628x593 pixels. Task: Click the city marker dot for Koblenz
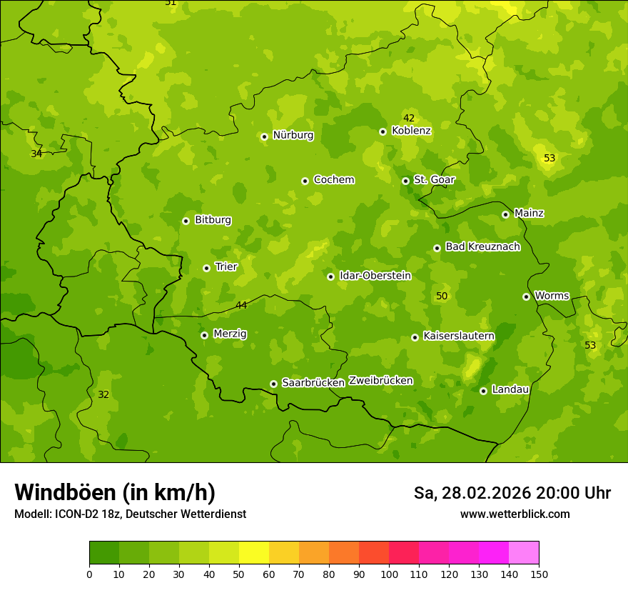pyautogui.click(x=383, y=131)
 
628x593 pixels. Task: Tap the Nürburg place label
pyautogui.click(x=293, y=135)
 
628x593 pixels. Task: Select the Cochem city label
pyautogui.click(x=333, y=180)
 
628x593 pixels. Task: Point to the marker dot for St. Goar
pyautogui.click(x=405, y=181)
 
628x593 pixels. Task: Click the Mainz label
pyautogui.click(x=529, y=214)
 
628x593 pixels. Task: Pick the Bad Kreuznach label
pyautogui.click(x=482, y=247)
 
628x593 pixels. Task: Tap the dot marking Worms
pyautogui.click(x=526, y=296)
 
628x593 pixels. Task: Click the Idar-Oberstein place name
pyautogui.click(x=375, y=276)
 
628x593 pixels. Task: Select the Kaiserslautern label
pyautogui.click(x=459, y=336)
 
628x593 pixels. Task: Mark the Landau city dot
pyautogui.click(x=483, y=391)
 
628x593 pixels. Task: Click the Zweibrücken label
pyautogui.click(x=380, y=381)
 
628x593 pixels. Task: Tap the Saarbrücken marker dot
pyautogui.click(x=273, y=384)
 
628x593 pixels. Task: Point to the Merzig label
pyautogui.click(x=230, y=334)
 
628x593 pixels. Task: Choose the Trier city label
pyautogui.click(x=226, y=267)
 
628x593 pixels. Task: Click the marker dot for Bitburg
pyautogui.click(x=186, y=221)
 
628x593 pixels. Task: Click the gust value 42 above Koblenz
pyautogui.click(x=409, y=119)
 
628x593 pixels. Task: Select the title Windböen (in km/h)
pyautogui.click(x=114, y=492)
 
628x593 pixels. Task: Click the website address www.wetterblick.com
pyautogui.click(x=515, y=514)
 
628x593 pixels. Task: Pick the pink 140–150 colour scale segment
pyautogui.click(x=524, y=552)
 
